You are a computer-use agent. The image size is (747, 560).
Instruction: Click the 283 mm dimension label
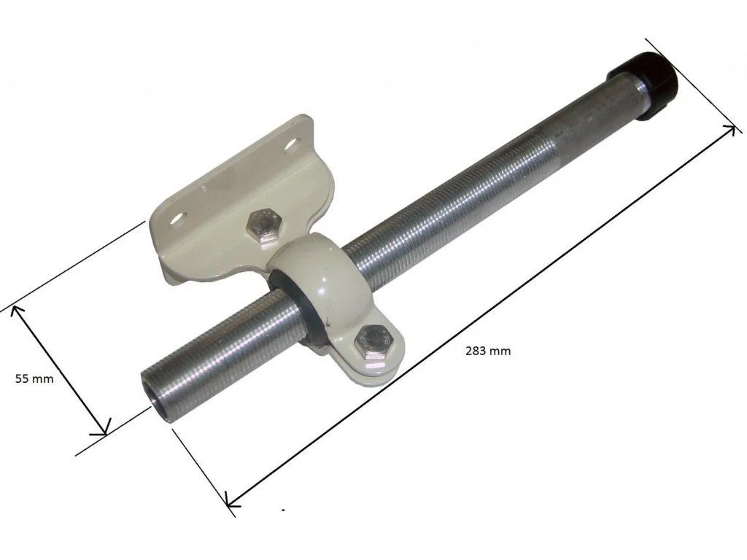point(488,351)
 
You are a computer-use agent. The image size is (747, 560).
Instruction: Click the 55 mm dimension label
point(34,379)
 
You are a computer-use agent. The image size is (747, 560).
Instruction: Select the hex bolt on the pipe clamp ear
point(373,342)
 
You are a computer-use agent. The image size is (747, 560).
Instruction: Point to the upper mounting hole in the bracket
point(292,144)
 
